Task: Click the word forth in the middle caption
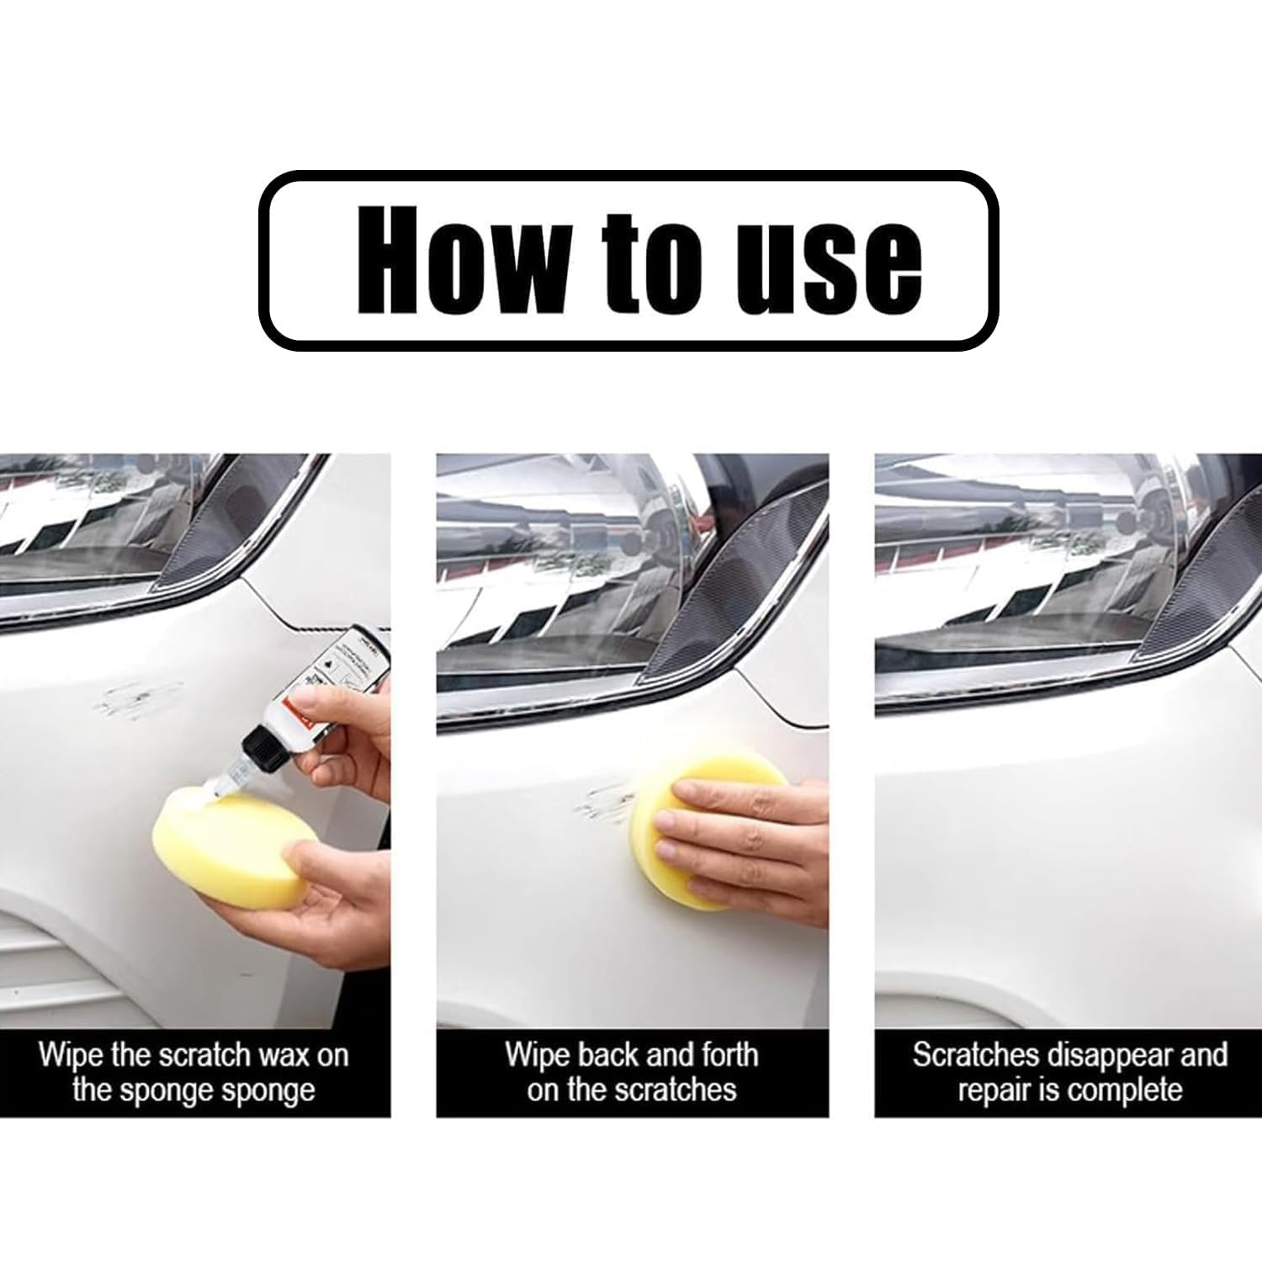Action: point(727,1055)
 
